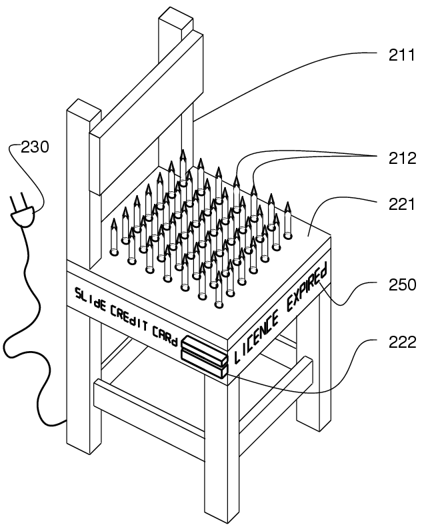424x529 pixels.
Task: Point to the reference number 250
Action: [402, 285]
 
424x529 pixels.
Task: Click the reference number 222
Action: [402, 342]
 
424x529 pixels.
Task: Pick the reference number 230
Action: [35, 147]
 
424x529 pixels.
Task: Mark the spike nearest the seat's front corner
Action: [219, 294]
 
